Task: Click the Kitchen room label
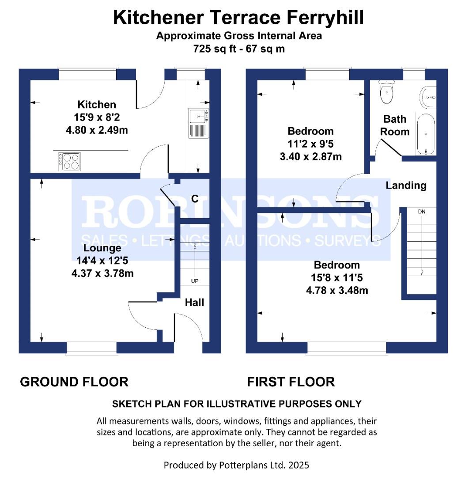(97, 105)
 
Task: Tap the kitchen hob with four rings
(70, 161)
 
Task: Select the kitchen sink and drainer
(198, 123)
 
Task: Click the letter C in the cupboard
(195, 199)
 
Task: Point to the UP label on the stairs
(195, 281)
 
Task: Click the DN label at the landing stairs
(422, 212)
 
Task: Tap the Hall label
(195, 303)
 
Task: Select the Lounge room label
(102, 248)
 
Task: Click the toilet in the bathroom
(386, 91)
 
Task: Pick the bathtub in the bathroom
(426, 134)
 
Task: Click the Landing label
(406, 185)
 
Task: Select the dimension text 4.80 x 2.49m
(97, 130)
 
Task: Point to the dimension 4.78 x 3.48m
(337, 291)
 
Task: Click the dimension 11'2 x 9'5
(310, 144)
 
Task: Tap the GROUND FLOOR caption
(74, 382)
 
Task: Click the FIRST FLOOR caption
(291, 382)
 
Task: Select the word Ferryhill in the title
(325, 18)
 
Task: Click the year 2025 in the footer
(299, 465)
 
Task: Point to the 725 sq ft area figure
(215, 49)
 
